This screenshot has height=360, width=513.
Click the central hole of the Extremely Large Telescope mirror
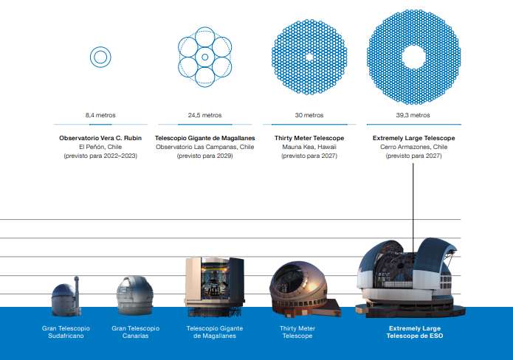coord(413,58)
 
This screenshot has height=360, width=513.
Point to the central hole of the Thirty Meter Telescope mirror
coord(309,58)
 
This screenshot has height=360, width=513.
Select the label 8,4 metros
coord(100,115)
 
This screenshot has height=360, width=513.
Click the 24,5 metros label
coord(204,115)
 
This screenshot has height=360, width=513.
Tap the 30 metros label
coord(309,115)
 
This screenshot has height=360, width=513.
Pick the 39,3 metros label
coord(413,115)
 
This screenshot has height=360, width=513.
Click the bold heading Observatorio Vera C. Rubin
coord(100,138)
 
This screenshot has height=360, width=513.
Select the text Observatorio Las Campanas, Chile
coord(204,147)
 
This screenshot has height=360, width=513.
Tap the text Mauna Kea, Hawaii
coord(309,147)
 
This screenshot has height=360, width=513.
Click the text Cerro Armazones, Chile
coord(413,147)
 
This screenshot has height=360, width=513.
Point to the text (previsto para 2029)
coord(204,156)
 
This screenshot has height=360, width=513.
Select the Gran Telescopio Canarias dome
coord(135,295)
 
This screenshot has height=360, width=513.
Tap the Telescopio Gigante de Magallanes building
coord(215,287)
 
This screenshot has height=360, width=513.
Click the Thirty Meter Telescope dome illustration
coord(304,289)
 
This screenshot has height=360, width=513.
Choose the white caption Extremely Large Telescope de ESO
coord(415,332)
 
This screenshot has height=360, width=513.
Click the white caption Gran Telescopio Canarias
coord(136,332)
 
